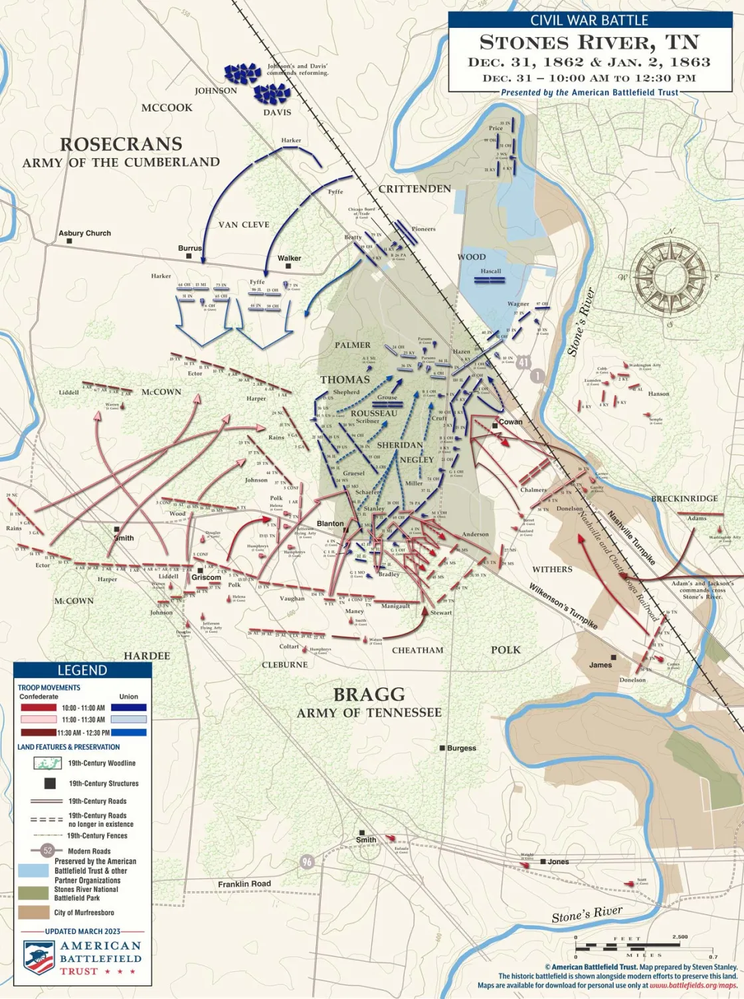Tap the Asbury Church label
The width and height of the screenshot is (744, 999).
[x=84, y=233]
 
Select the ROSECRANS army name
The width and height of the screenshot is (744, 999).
[x=121, y=145]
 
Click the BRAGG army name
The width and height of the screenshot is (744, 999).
[x=369, y=695]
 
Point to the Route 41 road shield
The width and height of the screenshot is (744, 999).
[x=523, y=362]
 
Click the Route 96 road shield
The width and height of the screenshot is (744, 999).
[x=306, y=862]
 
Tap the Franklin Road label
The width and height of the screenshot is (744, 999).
[x=244, y=884]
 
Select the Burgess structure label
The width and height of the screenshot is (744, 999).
[x=462, y=748]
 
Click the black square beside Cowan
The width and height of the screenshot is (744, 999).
[x=495, y=425]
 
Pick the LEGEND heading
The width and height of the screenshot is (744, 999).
[x=82, y=670]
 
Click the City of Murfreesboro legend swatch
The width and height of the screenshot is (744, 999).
[x=33, y=912]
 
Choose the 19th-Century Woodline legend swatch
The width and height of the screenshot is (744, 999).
[x=47, y=763]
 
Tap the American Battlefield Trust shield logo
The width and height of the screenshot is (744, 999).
[x=39, y=957]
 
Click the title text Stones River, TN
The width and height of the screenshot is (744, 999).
[x=589, y=43]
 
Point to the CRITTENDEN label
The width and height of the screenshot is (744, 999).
[x=415, y=189]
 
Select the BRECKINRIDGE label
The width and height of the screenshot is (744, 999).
[x=684, y=498]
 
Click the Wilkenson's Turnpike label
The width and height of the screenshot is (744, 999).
[x=563, y=606]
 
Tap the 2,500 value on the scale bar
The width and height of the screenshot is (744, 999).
[x=680, y=937]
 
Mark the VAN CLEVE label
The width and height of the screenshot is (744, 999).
[x=244, y=225]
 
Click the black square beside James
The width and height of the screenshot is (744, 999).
[x=614, y=658]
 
